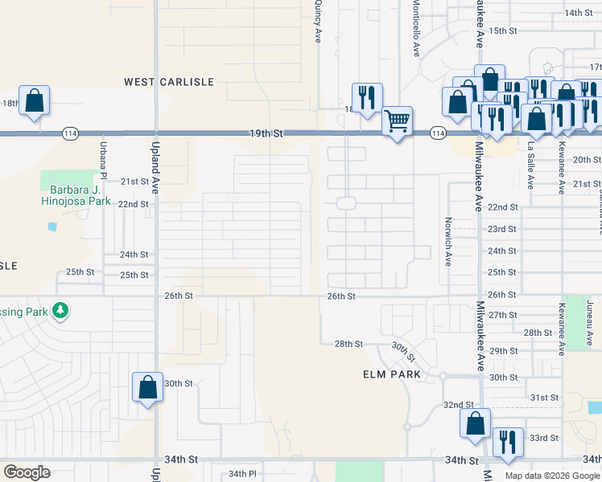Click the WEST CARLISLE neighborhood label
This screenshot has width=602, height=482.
click(168, 82)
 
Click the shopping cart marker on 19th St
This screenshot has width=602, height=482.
click(397, 120)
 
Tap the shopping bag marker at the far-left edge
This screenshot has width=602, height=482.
click(34, 101)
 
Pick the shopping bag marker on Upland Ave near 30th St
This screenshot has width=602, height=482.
click(148, 388)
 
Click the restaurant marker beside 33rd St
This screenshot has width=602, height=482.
click(508, 442)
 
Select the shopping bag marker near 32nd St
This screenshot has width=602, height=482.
click(476, 423)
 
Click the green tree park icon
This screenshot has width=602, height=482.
click(60, 310)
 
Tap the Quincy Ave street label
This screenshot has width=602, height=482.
click(319, 22)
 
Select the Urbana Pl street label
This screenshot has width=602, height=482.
click(103, 160)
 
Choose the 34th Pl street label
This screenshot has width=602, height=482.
click(241, 474)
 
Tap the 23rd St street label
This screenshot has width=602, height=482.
click(501, 229)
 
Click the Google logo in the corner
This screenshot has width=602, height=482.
click(27, 472)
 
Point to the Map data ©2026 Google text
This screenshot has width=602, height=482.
click(552, 476)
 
